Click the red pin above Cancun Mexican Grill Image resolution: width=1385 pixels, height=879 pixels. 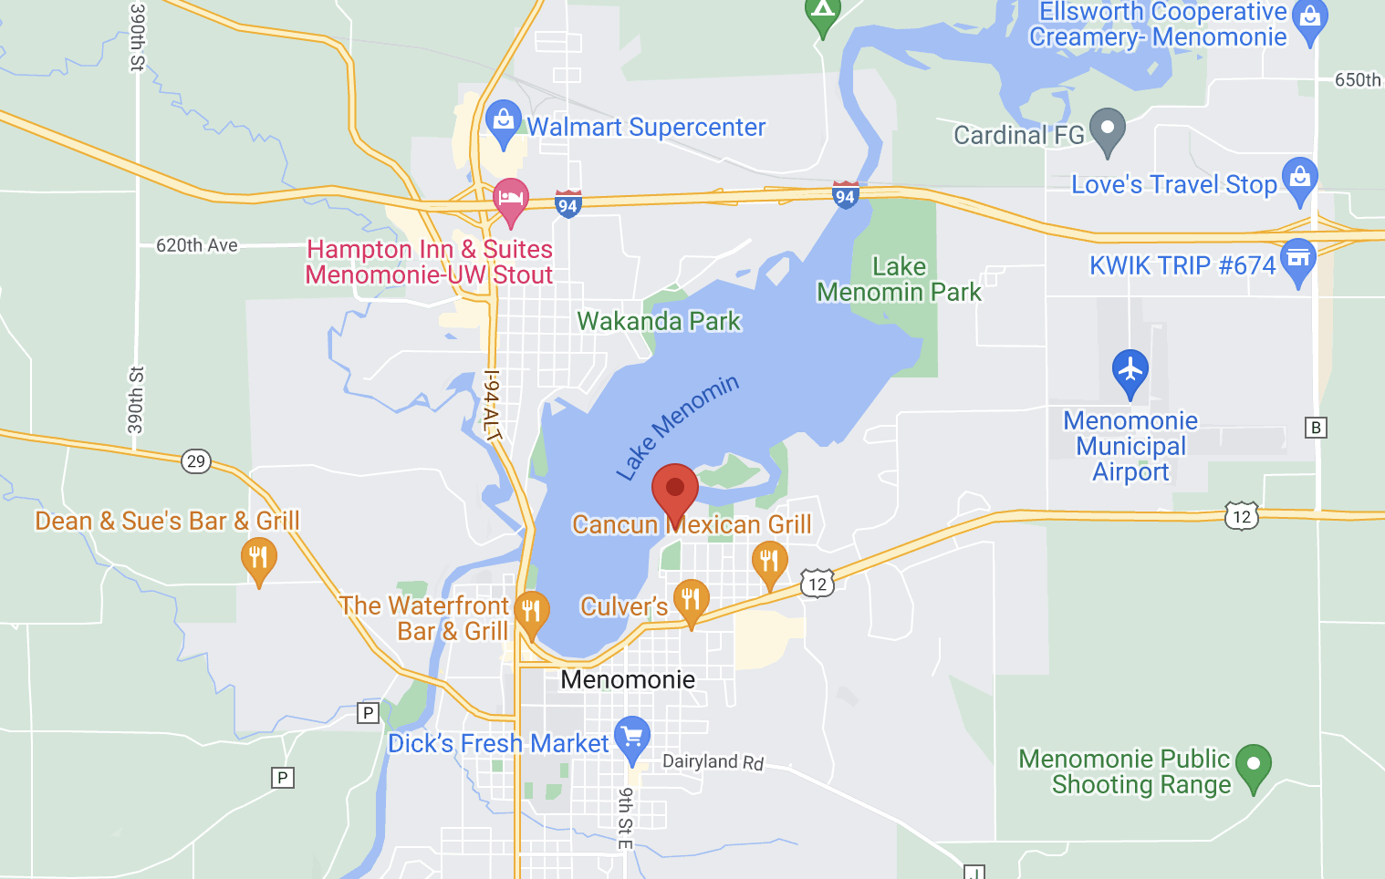(x=675, y=491)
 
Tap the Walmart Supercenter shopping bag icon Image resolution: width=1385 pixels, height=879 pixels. (x=503, y=120)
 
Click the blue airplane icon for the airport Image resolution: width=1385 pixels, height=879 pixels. (x=1130, y=370)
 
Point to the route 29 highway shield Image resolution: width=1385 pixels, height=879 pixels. (x=195, y=460)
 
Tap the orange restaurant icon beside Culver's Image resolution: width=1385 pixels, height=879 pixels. (x=692, y=600)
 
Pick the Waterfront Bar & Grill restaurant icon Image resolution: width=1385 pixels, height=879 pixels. (x=532, y=612)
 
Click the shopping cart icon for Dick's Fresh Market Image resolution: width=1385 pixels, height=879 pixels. (x=632, y=737)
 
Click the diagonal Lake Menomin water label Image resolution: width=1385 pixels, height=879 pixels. (x=677, y=427)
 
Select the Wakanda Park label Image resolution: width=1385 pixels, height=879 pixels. (x=659, y=321)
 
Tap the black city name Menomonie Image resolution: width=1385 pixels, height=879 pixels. (x=628, y=679)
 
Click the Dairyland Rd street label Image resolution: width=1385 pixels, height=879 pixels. (x=713, y=761)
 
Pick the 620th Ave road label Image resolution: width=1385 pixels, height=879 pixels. (x=197, y=245)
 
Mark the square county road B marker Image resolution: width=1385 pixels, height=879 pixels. (x=1316, y=428)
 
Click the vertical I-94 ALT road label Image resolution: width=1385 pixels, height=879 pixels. (x=492, y=405)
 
